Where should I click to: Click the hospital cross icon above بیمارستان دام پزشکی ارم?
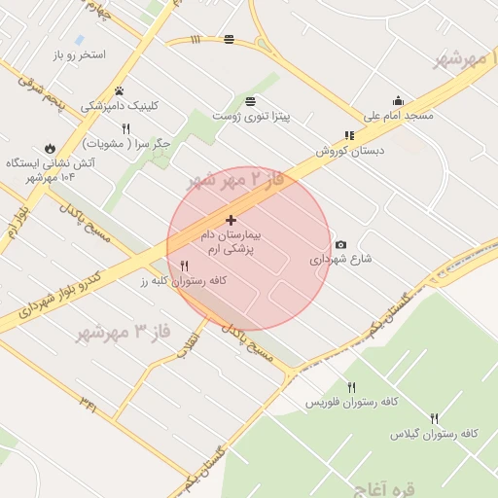231,221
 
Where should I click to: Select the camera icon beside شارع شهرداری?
340,245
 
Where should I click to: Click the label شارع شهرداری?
340,260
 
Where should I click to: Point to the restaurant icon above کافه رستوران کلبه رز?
184,266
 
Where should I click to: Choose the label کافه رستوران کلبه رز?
183,280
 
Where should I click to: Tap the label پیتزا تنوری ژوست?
252,116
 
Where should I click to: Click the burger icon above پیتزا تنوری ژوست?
252,101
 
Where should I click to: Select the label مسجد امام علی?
399,115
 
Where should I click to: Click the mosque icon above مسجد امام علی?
398,100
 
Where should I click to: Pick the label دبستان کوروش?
349,151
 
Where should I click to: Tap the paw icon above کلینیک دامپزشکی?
119,90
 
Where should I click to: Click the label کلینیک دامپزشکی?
119,105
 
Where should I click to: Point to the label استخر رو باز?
80,55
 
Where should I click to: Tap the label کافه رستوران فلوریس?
350,402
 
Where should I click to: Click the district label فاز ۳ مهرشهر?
123,333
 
